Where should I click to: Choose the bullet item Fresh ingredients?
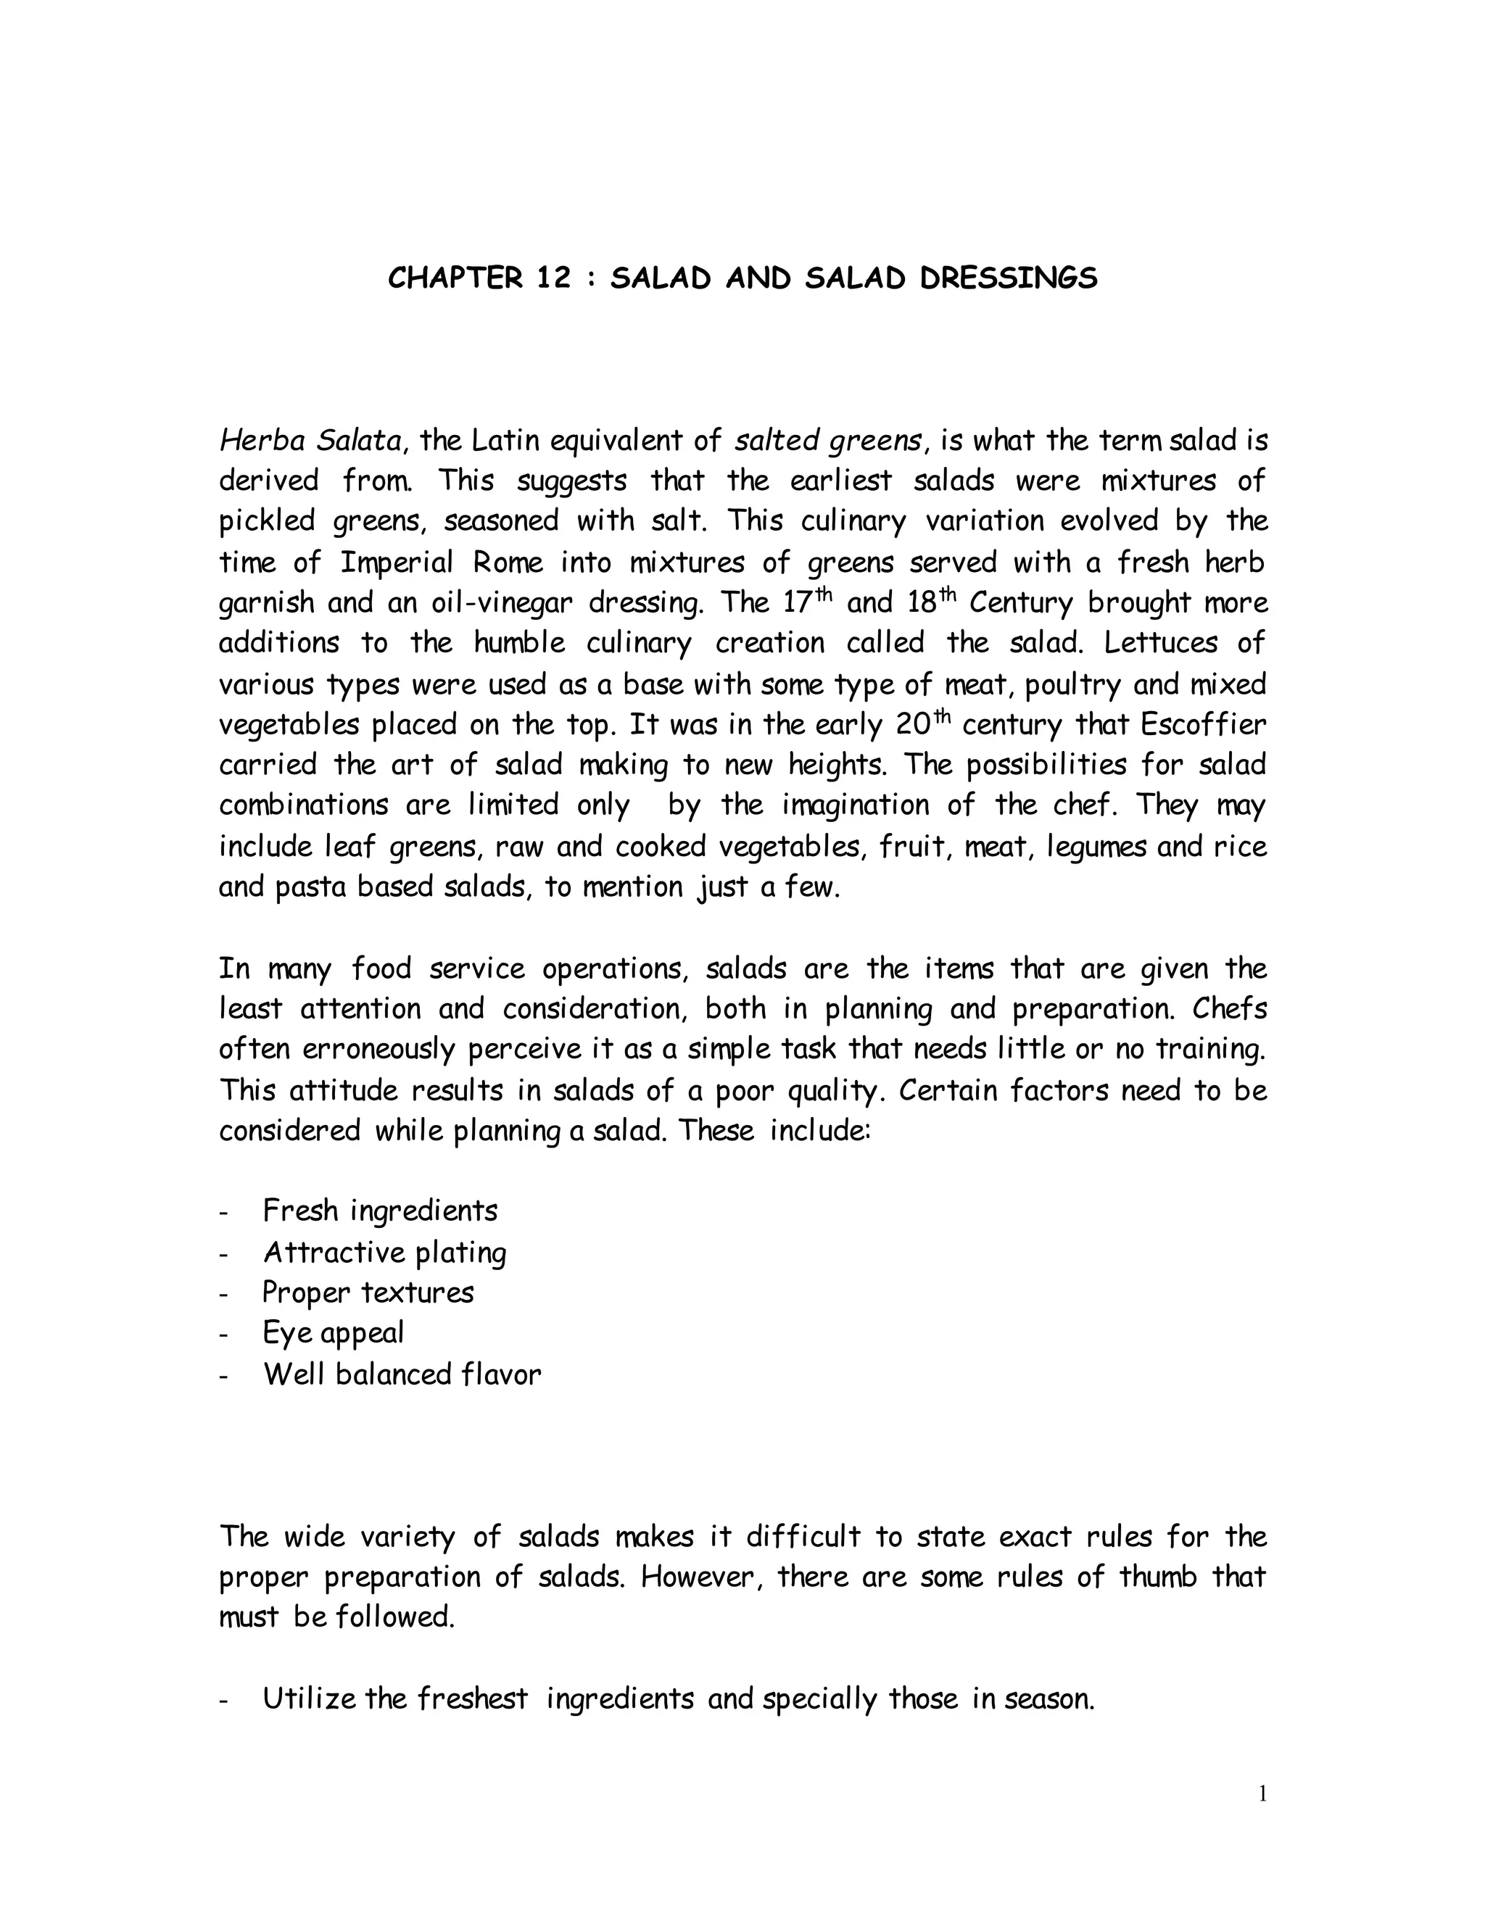[380, 1211]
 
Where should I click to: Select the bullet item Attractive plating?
[384, 1252]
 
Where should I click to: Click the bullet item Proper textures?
[368, 1292]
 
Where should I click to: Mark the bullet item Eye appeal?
[334, 1332]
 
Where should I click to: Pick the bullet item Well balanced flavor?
[402, 1374]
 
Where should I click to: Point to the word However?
[697, 1576]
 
